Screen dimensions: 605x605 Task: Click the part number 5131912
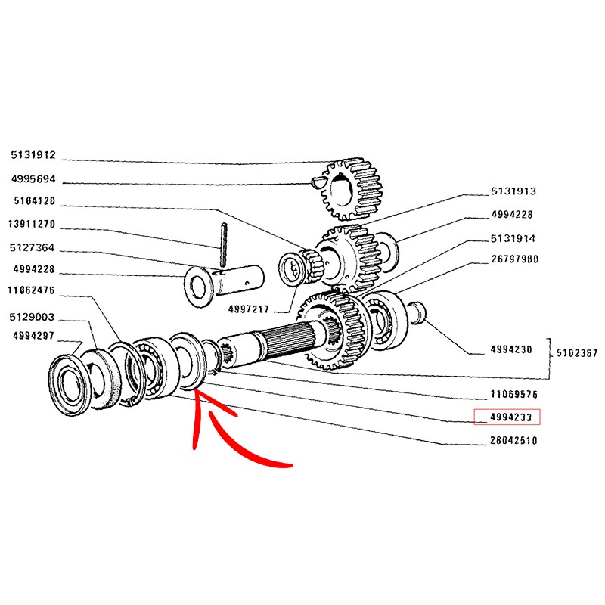(x=33, y=156)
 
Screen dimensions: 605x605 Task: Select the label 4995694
(x=33, y=181)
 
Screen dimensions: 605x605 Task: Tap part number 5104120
(x=33, y=202)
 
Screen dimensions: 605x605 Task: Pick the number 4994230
(x=511, y=349)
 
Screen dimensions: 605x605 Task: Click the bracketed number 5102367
(x=576, y=352)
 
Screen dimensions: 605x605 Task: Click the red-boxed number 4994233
(x=507, y=416)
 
